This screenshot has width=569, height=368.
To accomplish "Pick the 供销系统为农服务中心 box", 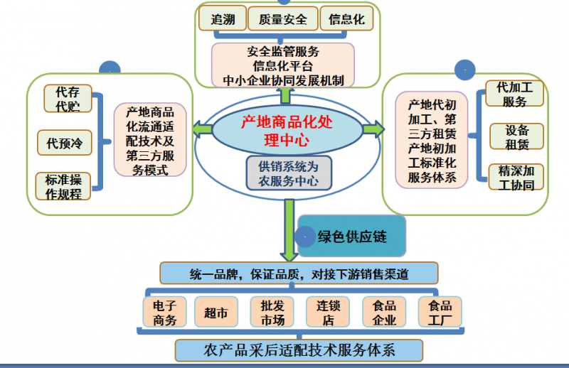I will coord(283,173).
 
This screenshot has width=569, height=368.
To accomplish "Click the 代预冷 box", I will coord(65,144).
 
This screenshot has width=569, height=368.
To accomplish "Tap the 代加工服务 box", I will coord(514,94).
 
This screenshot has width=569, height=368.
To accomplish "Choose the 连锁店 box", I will coord(328,312).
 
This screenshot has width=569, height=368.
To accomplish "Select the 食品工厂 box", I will coord(439,312).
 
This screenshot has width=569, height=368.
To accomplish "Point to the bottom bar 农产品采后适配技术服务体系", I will coord(299,350).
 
